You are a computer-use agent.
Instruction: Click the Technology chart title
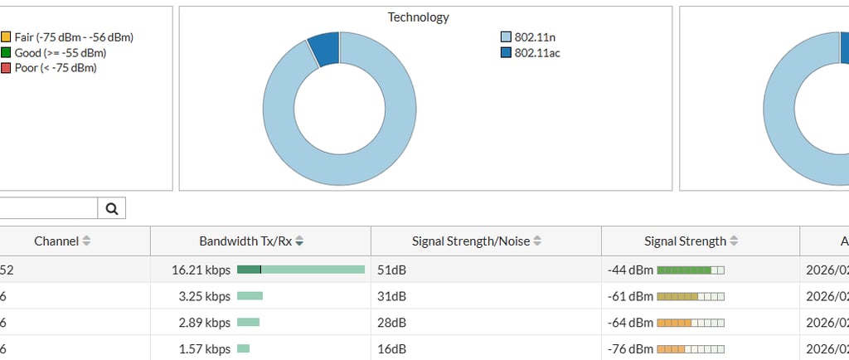(419, 17)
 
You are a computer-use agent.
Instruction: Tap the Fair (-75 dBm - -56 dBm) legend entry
(67, 37)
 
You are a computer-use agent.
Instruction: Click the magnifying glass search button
(112, 209)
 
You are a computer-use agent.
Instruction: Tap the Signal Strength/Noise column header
(472, 241)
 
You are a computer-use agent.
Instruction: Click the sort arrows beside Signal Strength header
(734, 241)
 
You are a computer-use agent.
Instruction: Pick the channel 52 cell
(7, 270)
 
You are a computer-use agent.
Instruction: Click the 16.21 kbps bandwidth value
(201, 270)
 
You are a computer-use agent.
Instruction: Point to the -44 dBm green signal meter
(690, 270)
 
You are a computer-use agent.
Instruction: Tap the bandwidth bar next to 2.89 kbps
(248, 322)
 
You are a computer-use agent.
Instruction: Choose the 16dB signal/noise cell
(390, 348)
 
